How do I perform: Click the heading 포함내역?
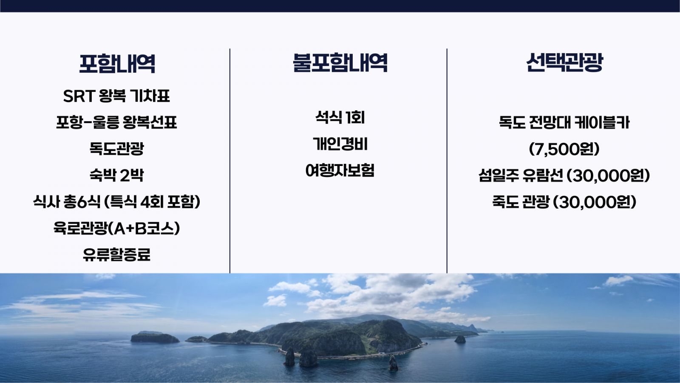tap(117, 63)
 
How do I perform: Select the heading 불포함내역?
tap(340, 63)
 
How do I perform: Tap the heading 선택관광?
tap(564, 62)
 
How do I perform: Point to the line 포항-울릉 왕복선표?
tap(116, 123)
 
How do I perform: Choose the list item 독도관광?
tap(116, 149)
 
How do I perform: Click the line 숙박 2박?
tap(116, 175)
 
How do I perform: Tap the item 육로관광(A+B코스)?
tap(116, 228)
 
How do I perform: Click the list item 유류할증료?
tap(116, 255)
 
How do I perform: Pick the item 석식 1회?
tap(340, 117)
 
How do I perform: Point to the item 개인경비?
tap(340, 144)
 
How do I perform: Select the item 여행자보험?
tap(340, 170)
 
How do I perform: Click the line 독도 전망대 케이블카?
tap(564, 123)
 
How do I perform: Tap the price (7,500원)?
tap(564, 149)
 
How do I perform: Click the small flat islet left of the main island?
tap(155, 337)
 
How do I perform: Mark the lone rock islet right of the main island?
tap(460, 339)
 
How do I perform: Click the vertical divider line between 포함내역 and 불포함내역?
tap(230, 161)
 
